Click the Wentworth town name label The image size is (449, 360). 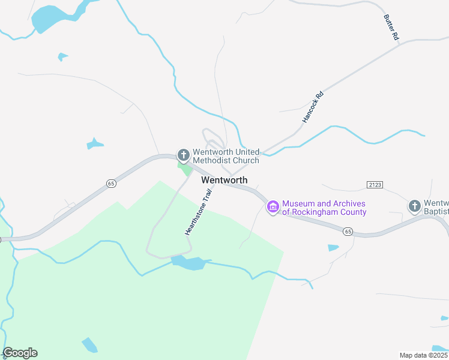click(x=224, y=180)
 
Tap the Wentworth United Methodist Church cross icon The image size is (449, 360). click(x=183, y=155)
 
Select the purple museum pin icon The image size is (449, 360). click(x=273, y=208)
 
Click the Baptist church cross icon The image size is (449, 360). click(x=414, y=207)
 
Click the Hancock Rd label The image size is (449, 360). click(x=313, y=107)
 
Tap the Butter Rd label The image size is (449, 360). click(x=391, y=28)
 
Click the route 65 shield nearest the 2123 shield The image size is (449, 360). click(x=348, y=230)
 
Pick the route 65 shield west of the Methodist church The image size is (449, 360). click(x=111, y=184)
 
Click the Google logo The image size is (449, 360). click(x=20, y=353)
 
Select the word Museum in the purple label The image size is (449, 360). click(x=300, y=203)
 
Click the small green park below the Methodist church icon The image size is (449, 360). click(x=185, y=170)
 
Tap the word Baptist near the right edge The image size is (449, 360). click(x=436, y=212)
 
